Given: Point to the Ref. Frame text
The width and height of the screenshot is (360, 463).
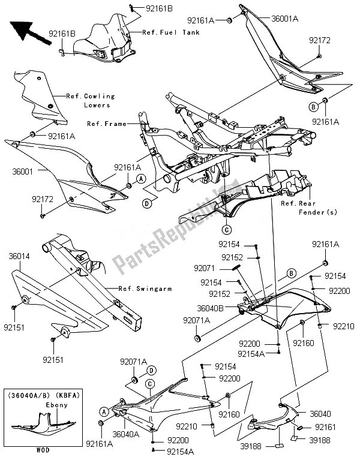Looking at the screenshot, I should tap(107, 124).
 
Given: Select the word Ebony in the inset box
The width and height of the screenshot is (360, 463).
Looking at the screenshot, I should tap(56, 405).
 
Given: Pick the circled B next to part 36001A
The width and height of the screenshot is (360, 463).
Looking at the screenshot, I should tap(313, 107).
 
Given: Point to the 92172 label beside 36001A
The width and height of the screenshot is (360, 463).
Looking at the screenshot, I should tap(320, 41).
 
